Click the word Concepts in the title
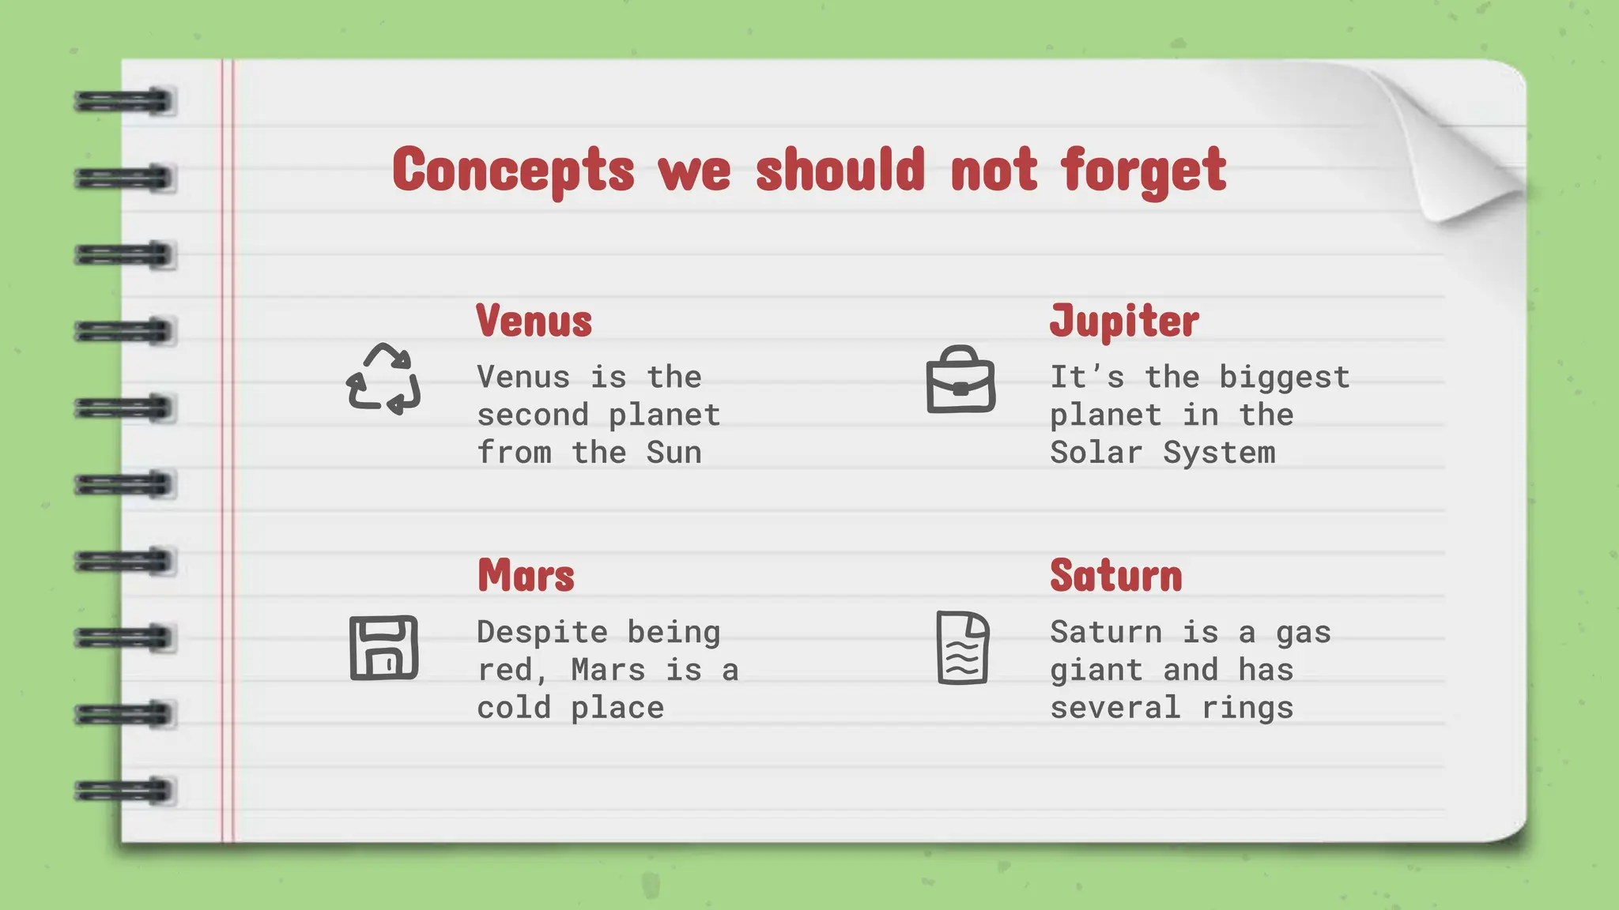coord(513,170)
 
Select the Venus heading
coord(534,321)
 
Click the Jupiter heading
coord(1123,321)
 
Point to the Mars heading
coord(526,575)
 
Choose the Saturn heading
coord(1115,575)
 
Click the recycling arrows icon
coord(383,379)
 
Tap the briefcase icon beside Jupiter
coord(960,380)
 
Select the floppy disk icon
coord(383,648)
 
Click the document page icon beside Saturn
coord(962,648)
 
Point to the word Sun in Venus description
coord(674,453)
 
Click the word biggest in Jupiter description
coord(1284,378)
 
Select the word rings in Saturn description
coord(1247,708)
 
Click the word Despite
coord(542,632)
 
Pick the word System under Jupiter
coord(1218,453)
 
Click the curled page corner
coord(1462,158)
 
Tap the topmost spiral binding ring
coord(125,102)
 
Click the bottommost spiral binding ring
coord(125,791)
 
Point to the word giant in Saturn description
coord(1096,670)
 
